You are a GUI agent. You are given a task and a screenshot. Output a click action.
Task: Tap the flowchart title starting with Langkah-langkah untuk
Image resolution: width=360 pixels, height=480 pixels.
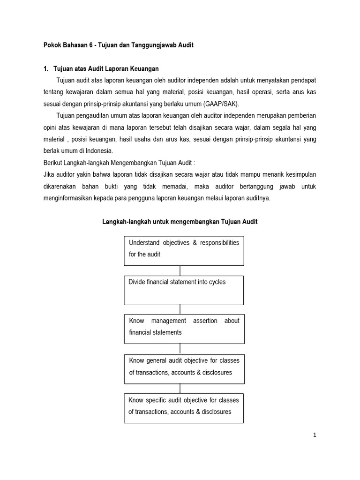[x=180, y=222]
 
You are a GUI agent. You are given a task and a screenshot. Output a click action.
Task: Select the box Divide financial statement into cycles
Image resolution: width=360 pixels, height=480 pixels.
[x=184, y=290]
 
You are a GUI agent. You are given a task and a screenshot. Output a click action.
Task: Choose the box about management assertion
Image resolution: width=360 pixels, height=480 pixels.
[x=184, y=328]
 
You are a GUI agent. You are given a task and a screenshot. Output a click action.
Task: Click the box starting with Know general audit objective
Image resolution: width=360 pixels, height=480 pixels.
[x=184, y=368]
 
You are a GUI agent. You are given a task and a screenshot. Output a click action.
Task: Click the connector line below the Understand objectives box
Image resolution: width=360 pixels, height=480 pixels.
[x=180, y=270]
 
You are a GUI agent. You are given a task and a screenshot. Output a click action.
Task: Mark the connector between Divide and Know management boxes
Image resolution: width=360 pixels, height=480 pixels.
[x=180, y=309]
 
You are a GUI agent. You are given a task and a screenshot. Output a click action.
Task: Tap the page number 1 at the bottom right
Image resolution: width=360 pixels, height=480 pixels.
[x=315, y=435]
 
